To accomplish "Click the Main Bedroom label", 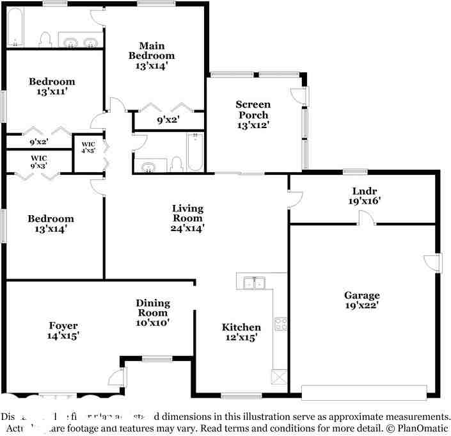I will (152, 51).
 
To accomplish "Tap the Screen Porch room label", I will (253, 109).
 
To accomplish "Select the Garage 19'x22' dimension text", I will (362, 305).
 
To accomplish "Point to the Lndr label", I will (362, 190).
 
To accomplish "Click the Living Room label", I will (187, 213).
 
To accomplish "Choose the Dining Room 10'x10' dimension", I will (152, 323).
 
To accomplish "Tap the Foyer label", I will (63, 326).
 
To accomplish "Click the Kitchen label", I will (241, 327).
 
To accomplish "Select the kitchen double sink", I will (255, 282).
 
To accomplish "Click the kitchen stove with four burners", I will (280, 324).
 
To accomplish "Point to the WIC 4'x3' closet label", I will (88, 148).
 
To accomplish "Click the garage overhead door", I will (363, 392).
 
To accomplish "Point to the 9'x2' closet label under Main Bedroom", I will (168, 119).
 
